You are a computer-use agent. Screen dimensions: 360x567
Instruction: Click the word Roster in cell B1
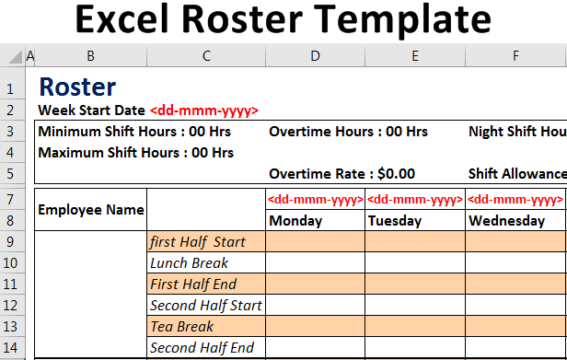(x=77, y=87)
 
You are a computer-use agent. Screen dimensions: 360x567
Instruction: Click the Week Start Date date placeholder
(x=203, y=110)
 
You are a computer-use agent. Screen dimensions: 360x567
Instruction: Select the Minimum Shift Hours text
(x=134, y=131)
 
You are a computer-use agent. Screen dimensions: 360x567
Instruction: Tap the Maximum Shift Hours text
(x=136, y=152)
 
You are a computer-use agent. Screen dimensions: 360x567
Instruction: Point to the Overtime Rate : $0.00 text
(x=341, y=173)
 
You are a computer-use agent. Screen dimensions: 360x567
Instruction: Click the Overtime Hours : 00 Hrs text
(x=348, y=131)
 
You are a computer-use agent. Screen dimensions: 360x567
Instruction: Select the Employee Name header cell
(x=91, y=210)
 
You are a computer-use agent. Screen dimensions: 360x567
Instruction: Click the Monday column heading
(x=296, y=221)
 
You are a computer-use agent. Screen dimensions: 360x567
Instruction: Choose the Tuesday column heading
(x=395, y=221)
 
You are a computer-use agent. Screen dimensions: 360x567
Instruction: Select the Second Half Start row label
(x=205, y=306)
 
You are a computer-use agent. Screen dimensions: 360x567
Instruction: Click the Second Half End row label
(x=202, y=348)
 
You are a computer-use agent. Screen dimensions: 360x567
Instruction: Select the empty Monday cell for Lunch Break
(x=316, y=263)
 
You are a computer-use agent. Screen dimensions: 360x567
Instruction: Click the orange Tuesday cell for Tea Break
(x=415, y=327)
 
